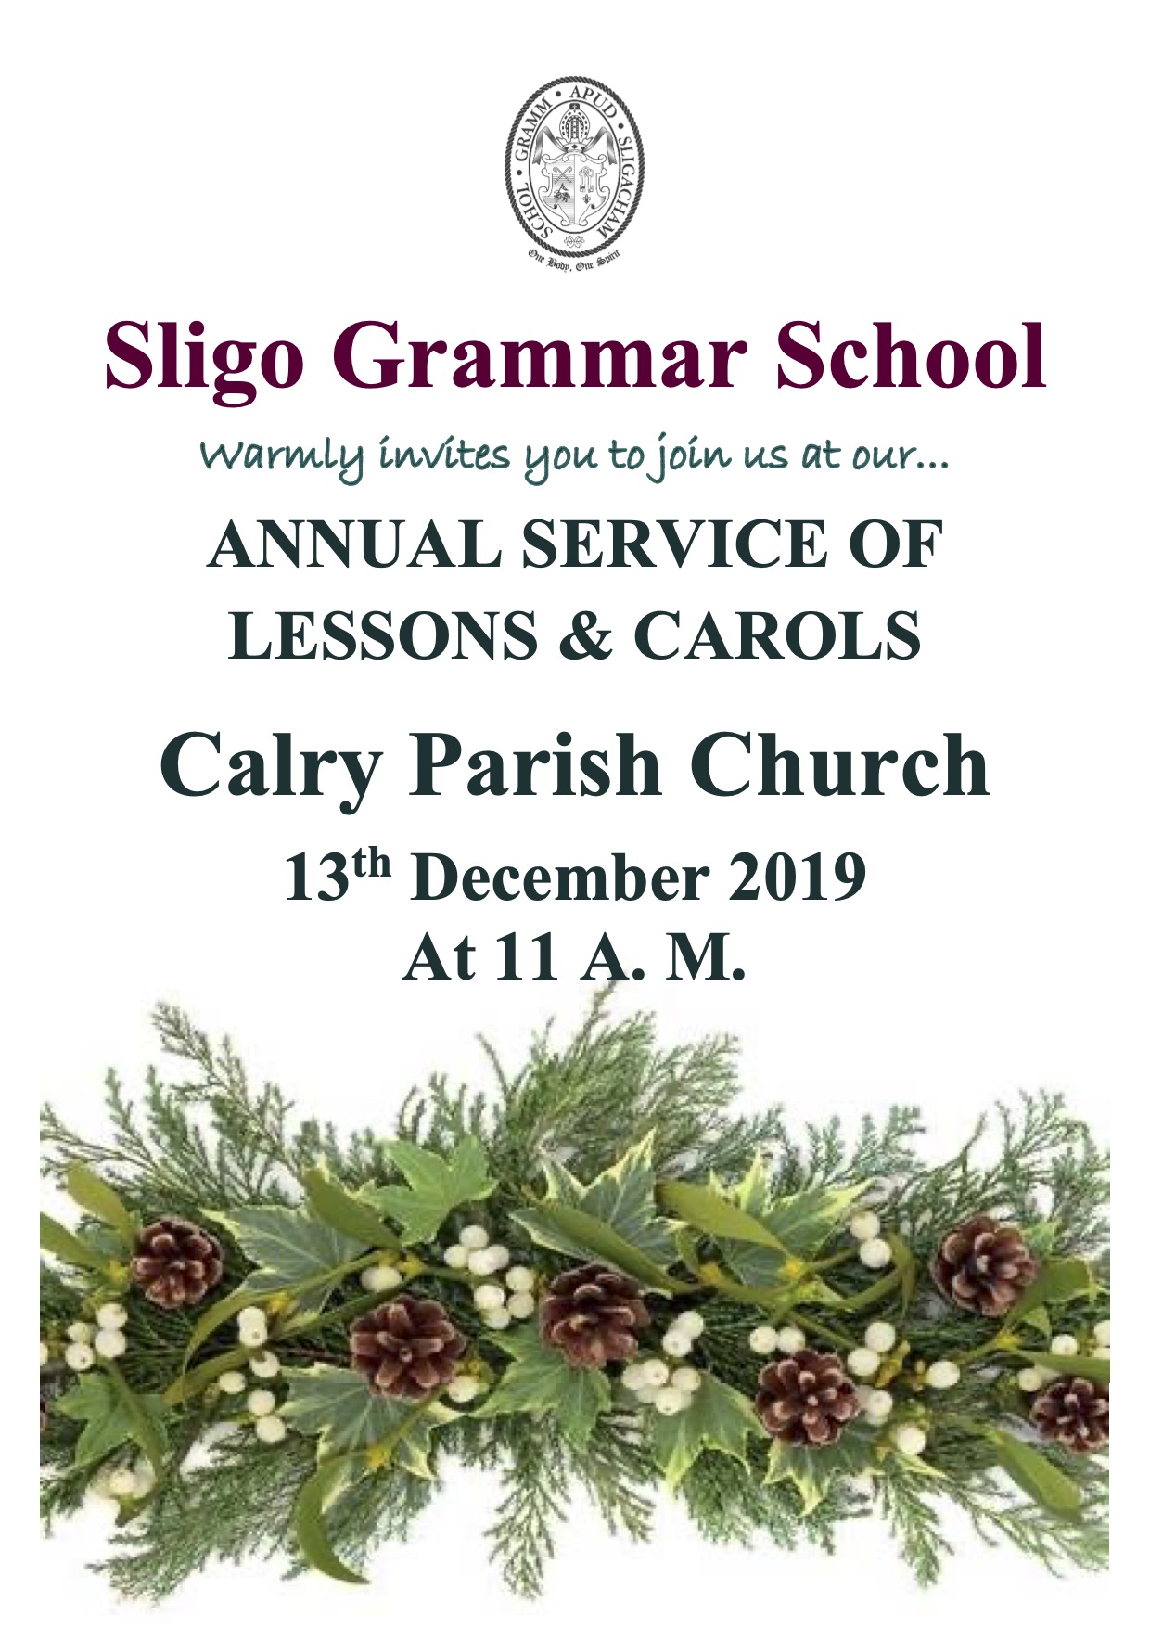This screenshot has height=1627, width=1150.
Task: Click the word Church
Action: click(x=838, y=765)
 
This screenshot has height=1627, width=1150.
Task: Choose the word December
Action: click(x=560, y=878)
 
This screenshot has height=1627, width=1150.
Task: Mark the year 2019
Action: click(x=797, y=878)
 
